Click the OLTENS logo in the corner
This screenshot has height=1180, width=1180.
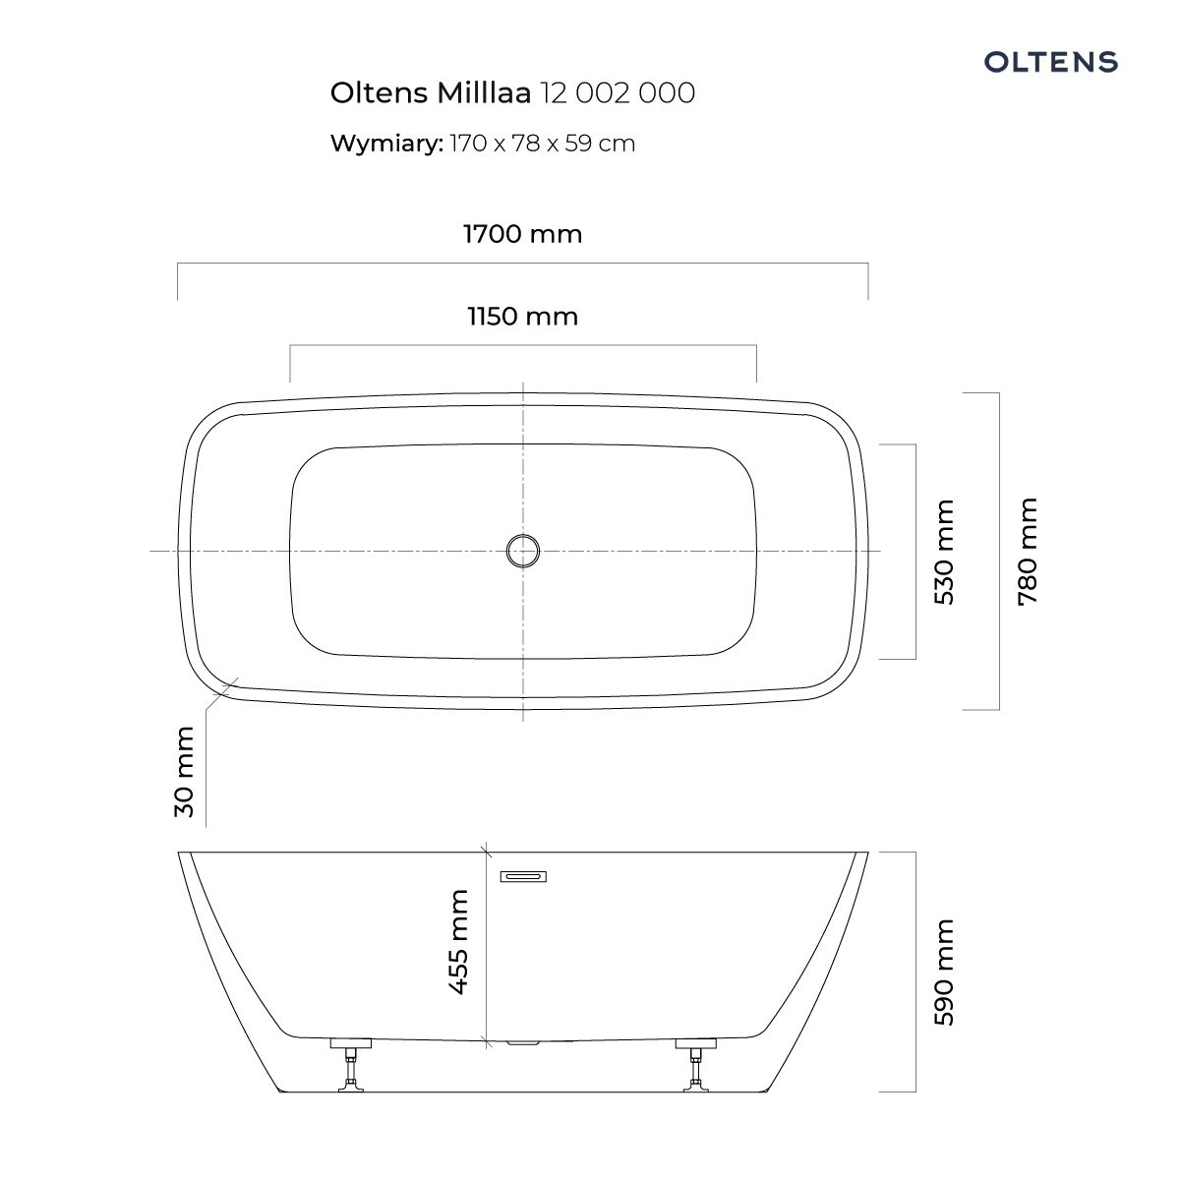pyautogui.click(x=1050, y=62)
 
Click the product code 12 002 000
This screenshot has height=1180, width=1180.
pyautogui.click(x=618, y=93)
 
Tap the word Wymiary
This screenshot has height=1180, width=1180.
pyautogui.click(x=386, y=144)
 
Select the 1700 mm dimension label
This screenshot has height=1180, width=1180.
pyautogui.click(x=522, y=234)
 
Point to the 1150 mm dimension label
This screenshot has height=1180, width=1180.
pyautogui.click(x=522, y=317)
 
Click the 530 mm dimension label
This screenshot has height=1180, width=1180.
pyautogui.click(x=944, y=552)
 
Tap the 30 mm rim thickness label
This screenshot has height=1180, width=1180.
pyautogui.click(x=184, y=772)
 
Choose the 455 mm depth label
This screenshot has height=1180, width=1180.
pyautogui.click(x=458, y=942)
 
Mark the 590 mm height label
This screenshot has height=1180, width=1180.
pyautogui.click(x=944, y=972)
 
